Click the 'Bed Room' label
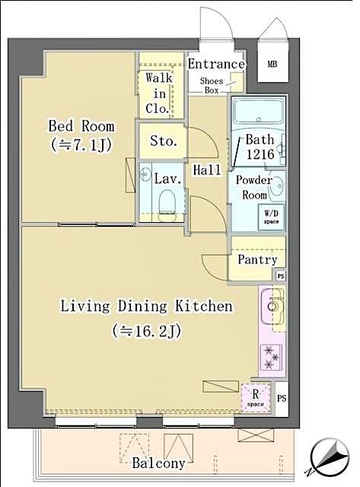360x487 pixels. [x=81, y=126]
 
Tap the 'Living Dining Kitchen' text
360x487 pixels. [x=146, y=307]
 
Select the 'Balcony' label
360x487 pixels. [x=158, y=463]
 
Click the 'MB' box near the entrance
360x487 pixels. [x=272, y=65]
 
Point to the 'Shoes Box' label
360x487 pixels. [x=210, y=85]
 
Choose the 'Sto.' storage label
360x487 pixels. [x=163, y=142]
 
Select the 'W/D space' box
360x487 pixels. [x=271, y=216]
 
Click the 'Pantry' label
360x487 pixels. [x=257, y=259]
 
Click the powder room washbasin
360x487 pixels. [x=276, y=183]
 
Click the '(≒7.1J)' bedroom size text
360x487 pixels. [x=81, y=144]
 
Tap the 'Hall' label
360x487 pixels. [x=207, y=170]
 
